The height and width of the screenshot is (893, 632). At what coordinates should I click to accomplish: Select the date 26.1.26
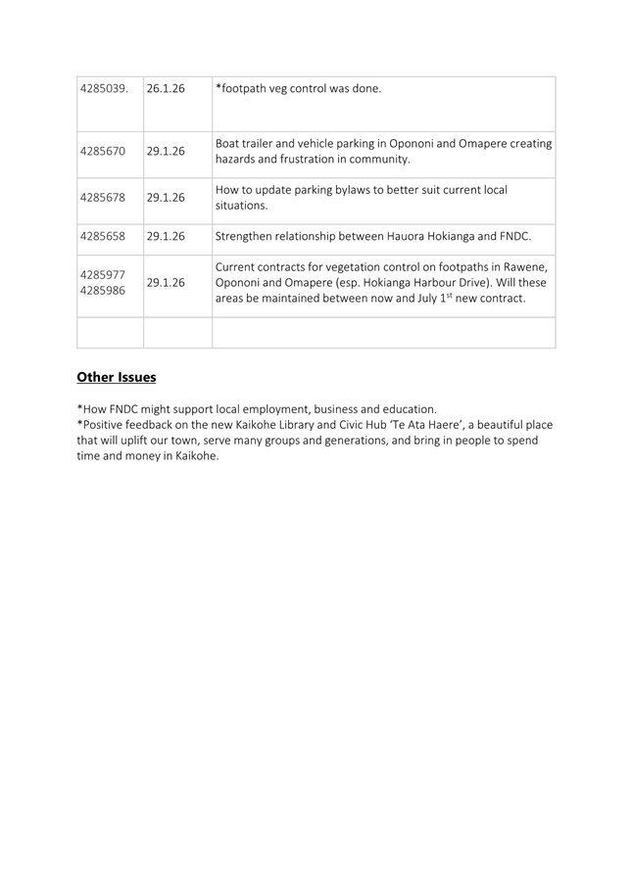166,89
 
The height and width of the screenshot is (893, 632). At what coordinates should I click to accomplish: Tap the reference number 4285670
102,152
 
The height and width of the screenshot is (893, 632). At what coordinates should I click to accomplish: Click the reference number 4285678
102,197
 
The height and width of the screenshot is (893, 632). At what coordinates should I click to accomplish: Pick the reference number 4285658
102,236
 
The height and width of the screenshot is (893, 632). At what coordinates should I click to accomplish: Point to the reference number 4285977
102,273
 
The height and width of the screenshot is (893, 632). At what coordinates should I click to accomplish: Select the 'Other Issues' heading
117,377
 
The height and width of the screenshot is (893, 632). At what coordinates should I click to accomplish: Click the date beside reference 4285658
166,236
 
